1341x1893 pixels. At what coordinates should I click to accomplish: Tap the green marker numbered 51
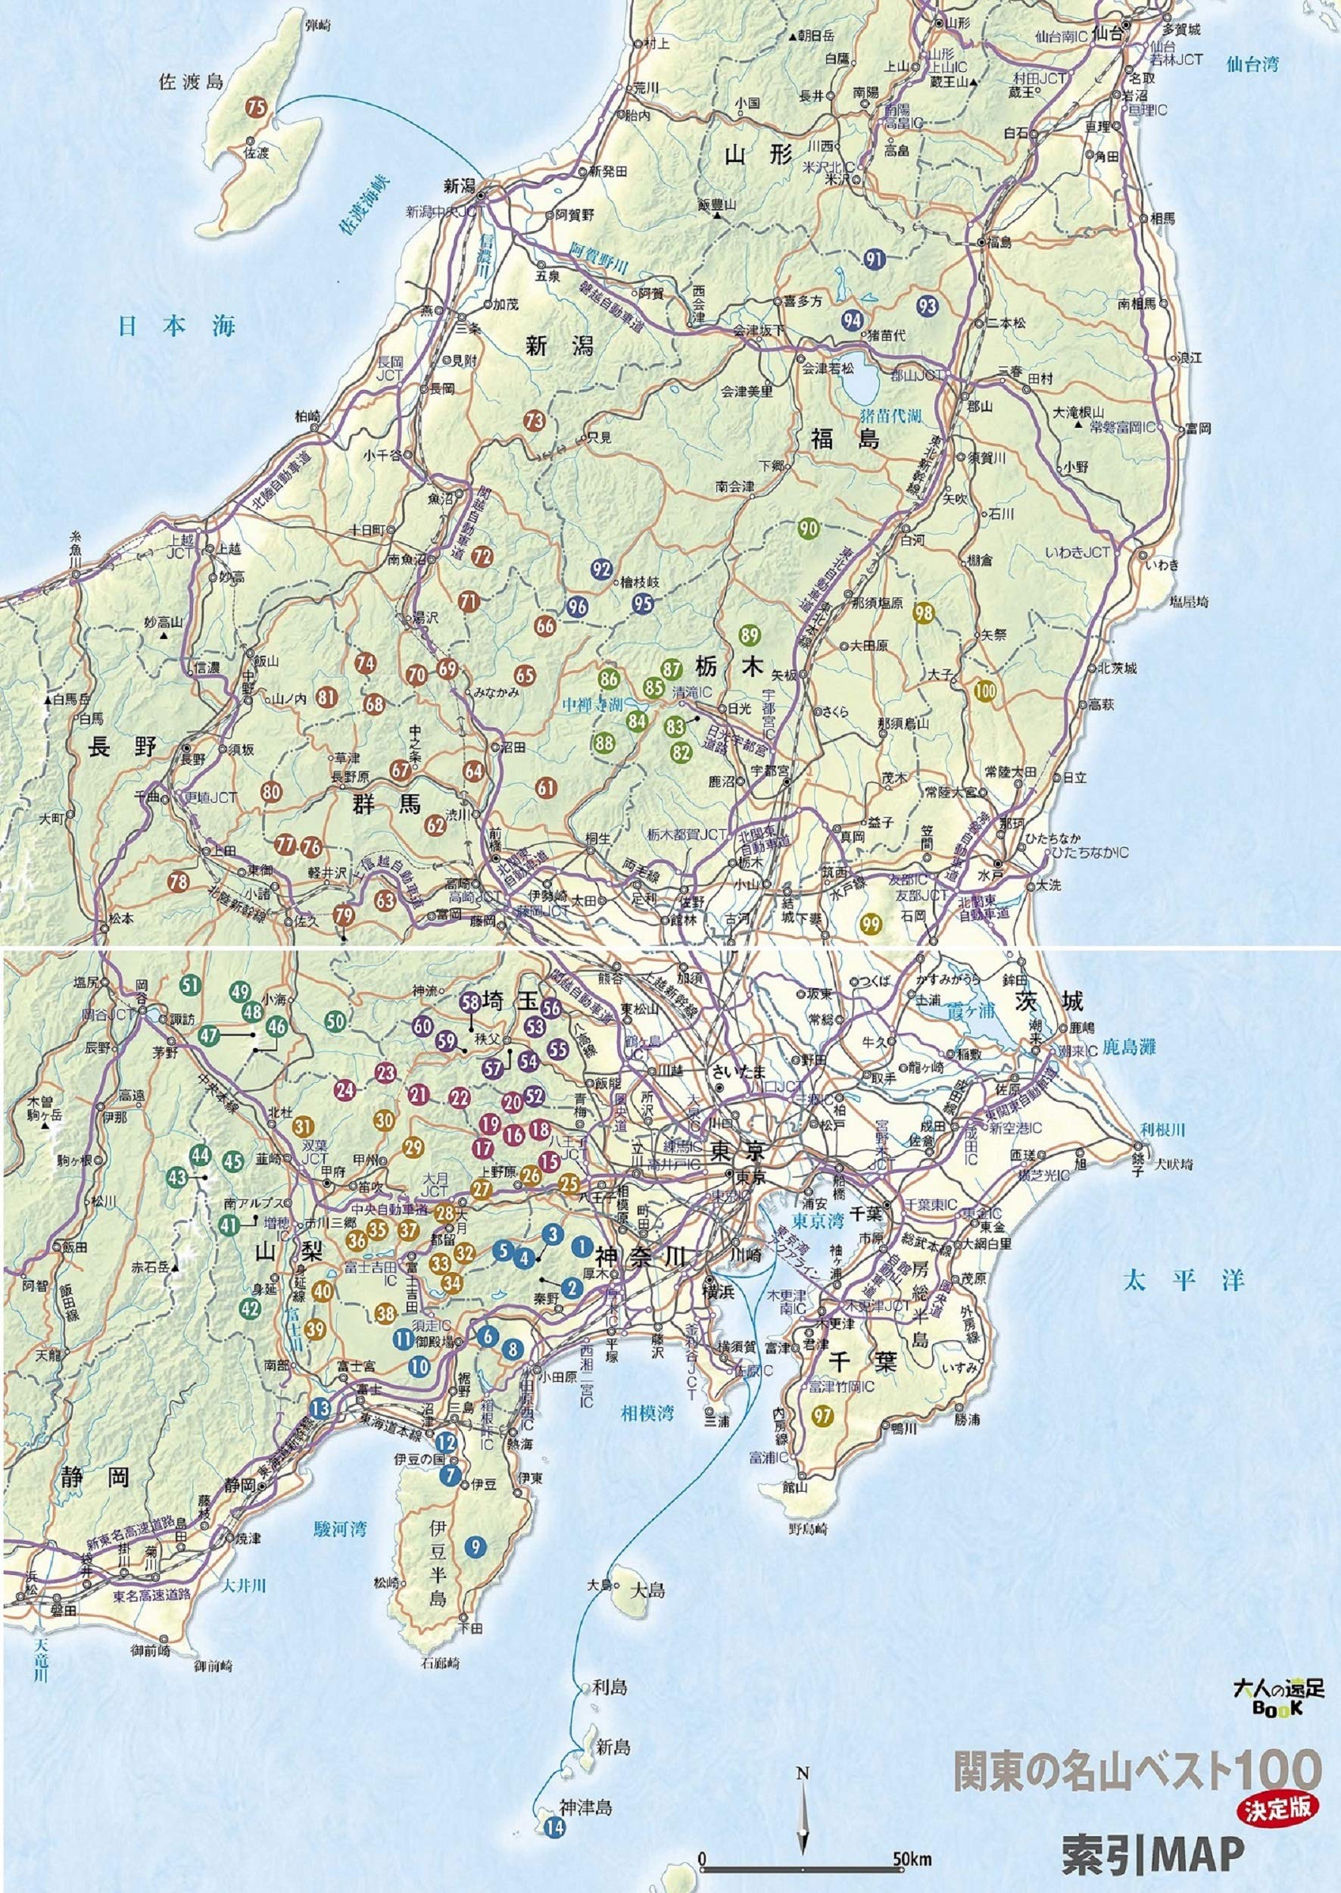click(x=191, y=984)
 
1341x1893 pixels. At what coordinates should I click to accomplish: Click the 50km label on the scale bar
click(x=913, y=1855)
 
